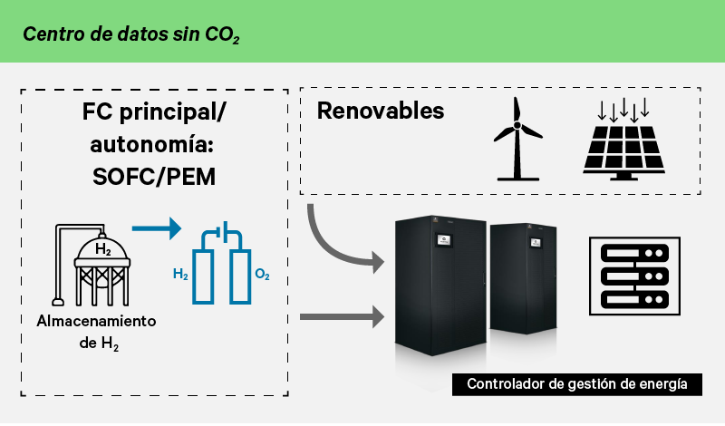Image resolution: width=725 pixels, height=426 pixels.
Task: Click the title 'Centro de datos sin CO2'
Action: point(131,34)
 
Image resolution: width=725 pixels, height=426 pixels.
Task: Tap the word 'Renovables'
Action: point(381,111)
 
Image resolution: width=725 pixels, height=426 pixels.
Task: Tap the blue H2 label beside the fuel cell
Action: point(180,273)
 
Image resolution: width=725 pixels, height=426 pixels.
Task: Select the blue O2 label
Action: point(262,273)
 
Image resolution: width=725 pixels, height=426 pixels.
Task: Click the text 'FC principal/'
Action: point(154,115)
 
